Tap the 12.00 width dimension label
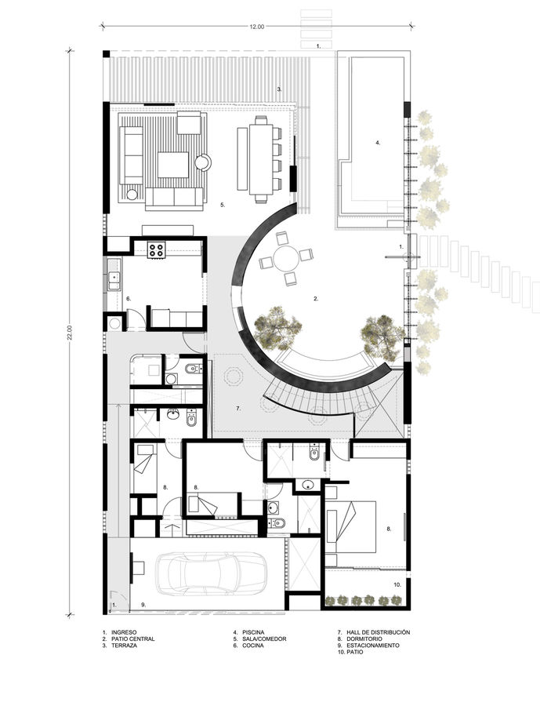[x=257, y=27]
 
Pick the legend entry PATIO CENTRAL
[x=132, y=639]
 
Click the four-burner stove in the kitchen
[x=156, y=250]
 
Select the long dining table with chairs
[x=261, y=156]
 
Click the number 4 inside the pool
[x=377, y=143]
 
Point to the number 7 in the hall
[x=237, y=409]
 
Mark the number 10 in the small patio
[x=397, y=585]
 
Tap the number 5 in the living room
[x=223, y=205]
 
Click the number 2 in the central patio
[x=315, y=299]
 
